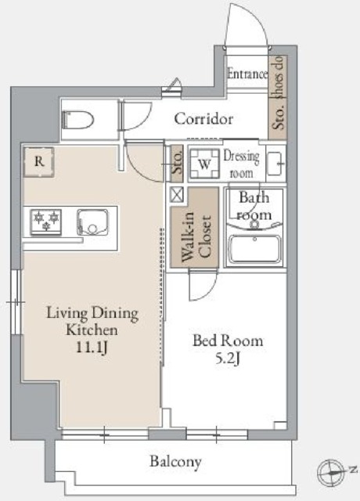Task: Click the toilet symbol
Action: (x=77, y=120)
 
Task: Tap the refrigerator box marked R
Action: (x=38, y=162)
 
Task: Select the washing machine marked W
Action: (x=204, y=164)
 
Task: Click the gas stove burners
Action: (x=46, y=221)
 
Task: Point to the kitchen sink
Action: (x=92, y=222)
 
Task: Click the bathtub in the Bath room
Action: (x=255, y=249)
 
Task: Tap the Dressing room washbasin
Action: (x=275, y=164)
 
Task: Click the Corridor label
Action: (x=203, y=119)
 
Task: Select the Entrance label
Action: (x=247, y=74)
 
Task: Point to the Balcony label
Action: (x=175, y=462)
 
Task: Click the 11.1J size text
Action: (x=92, y=348)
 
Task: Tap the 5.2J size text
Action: (x=228, y=359)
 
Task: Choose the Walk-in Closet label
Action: (x=196, y=237)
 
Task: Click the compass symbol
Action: (x=331, y=472)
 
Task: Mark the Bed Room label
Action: (x=228, y=341)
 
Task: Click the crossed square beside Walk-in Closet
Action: (x=177, y=195)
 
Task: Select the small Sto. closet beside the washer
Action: (x=177, y=164)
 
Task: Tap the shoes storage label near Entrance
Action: (x=279, y=93)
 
